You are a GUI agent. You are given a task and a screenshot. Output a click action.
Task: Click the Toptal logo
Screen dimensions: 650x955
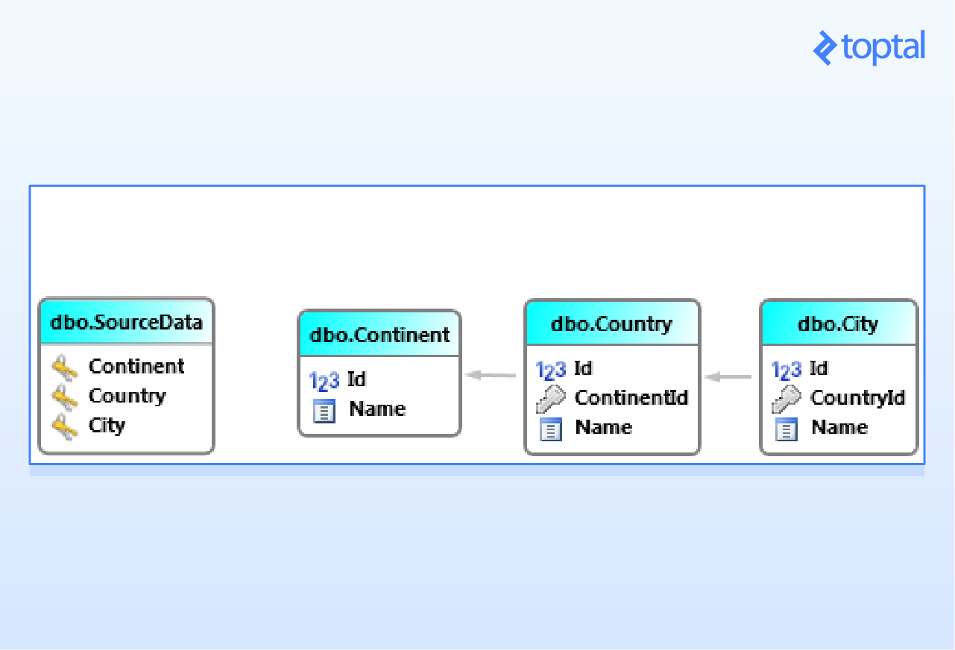point(869,48)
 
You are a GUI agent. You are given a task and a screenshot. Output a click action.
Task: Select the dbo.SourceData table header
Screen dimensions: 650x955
point(126,322)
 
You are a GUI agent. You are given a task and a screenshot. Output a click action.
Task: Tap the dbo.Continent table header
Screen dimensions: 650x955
point(379,334)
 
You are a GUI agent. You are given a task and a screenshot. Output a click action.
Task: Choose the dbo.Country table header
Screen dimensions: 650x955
point(611,324)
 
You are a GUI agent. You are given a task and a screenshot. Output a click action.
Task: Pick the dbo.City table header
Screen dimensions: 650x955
point(838,324)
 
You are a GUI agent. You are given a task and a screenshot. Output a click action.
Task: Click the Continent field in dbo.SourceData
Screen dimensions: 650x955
point(136,366)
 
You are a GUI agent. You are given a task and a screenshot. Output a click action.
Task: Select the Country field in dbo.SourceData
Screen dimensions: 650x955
point(127,395)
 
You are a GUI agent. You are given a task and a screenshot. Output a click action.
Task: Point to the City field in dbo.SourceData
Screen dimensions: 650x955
point(107,425)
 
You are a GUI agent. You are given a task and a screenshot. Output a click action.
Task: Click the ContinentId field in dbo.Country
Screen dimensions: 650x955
point(631,397)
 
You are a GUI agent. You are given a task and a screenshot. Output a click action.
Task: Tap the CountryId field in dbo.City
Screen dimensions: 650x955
point(857,397)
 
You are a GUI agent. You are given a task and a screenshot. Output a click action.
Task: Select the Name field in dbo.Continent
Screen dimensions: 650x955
point(377,408)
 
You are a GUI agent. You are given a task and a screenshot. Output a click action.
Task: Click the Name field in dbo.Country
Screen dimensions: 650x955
point(603,427)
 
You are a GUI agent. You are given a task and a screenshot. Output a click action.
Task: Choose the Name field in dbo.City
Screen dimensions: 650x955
point(839,427)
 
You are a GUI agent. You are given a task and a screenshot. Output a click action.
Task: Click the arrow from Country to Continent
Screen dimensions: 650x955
point(491,375)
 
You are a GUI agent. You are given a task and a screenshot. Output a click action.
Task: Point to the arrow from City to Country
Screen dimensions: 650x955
point(728,377)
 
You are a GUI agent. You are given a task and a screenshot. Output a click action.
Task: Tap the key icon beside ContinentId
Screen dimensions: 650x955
point(550,399)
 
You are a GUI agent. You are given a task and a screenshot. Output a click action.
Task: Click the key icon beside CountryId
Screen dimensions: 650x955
point(786,399)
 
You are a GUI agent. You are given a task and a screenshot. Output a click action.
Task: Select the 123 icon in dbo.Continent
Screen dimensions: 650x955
point(324,381)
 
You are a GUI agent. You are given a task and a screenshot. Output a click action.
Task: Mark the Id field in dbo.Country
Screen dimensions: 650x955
point(583,368)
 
